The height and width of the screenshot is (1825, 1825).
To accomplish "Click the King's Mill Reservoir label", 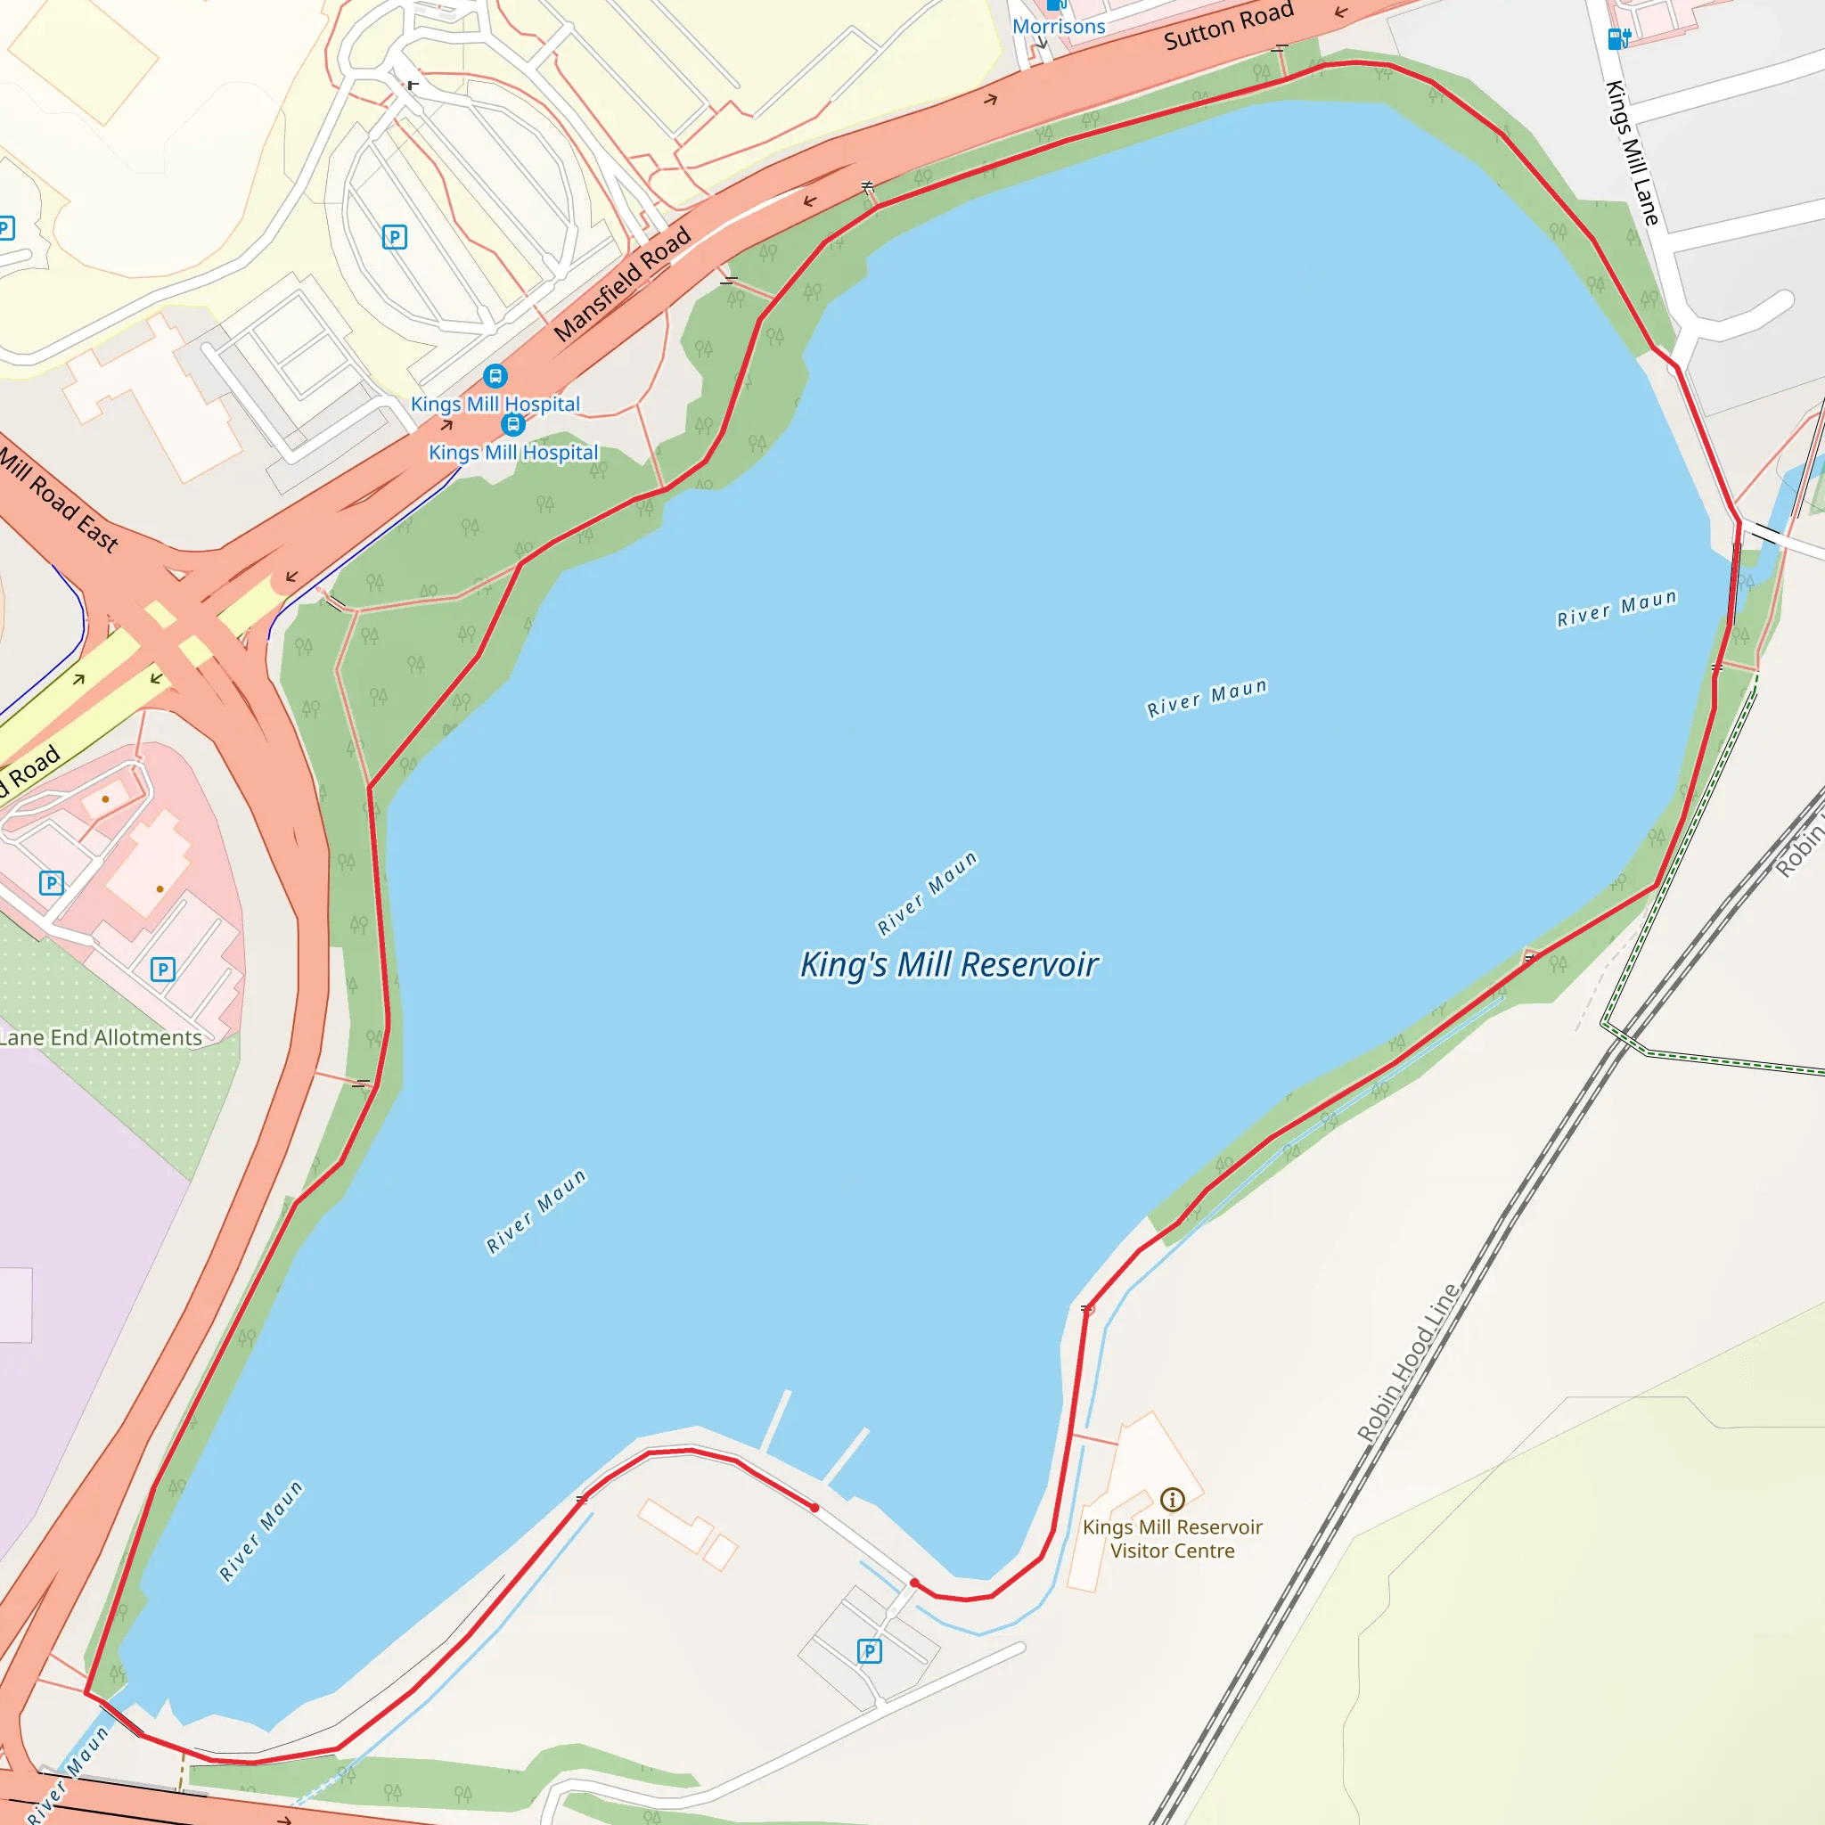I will coord(948,964).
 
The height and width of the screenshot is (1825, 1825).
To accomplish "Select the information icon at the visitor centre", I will coord(1173,1499).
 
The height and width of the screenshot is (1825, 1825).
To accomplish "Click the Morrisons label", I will coord(1058,27).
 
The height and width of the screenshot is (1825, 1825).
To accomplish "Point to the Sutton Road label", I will coord(1228,26).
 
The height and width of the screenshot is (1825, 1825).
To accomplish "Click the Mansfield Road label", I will coord(623,284).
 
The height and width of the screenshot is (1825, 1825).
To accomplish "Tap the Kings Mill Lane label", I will coord(1633,153).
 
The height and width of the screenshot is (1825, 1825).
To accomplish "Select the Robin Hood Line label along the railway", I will coord(1407,1363).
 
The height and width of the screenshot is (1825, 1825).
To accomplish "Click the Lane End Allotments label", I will coord(100,1037).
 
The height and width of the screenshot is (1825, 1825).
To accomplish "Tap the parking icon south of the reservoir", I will coord(869,1651).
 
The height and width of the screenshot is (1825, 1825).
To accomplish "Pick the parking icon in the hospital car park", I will coord(394,237).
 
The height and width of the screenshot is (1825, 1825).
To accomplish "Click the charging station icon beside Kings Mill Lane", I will coord(1619,38).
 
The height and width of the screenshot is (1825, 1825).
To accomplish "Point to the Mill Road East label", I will coord(59,501).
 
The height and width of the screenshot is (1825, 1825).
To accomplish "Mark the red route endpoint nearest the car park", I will coord(914,1583).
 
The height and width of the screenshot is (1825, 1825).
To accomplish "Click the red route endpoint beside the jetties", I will coord(814,1508).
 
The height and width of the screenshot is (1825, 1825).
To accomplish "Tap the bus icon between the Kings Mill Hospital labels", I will coord(513,424).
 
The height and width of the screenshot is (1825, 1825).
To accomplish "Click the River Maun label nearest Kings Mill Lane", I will coord(1616,609).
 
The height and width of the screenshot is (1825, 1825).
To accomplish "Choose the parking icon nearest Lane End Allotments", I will coord(162,970).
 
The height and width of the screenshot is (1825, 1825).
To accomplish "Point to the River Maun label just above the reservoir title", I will coord(927,893).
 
